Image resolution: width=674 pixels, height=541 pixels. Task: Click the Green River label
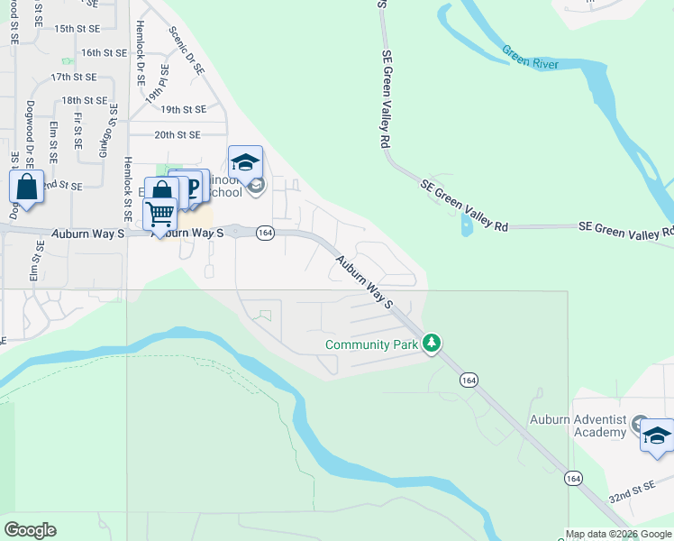pos(531,58)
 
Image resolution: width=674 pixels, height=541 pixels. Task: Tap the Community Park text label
pos(373,345)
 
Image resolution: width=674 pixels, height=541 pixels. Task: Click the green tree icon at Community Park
pos(433,343)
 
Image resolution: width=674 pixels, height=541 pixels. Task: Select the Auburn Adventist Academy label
pos(577,426)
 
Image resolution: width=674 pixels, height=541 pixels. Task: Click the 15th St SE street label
pos(77,29)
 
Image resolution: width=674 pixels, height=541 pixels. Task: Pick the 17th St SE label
pos(73,78)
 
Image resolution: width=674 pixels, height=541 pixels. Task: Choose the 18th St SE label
pos(85,100)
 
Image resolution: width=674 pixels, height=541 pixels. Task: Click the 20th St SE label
pos(177,135)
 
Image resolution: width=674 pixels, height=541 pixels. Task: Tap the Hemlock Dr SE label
pos(141,53)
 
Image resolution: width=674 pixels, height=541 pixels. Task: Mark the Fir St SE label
pos(78,131)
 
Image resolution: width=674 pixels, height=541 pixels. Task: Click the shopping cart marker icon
pos(159,215)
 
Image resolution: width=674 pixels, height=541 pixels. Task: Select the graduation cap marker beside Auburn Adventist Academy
pos(657,436)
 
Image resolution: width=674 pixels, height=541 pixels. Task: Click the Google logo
pos(30,530)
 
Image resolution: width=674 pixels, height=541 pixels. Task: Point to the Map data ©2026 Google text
pos(619,534)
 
